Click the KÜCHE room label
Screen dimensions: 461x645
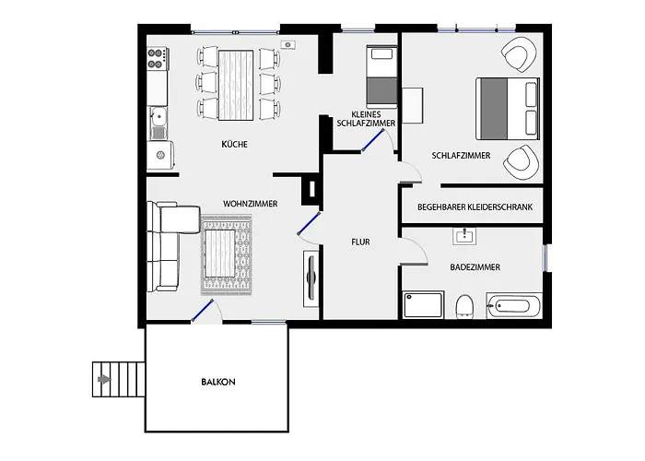click(234, 145)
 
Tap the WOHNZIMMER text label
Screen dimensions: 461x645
click(250, 203)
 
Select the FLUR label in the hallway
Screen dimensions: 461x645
click(360, 242)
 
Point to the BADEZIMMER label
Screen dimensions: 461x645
click(475, 266)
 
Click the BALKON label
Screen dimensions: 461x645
click(218, 381)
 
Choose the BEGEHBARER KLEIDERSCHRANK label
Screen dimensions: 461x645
click(475, 207)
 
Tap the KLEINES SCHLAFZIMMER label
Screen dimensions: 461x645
click(368, 115)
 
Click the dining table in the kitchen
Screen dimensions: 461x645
click(237, 83)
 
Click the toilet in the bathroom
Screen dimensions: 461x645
click(464, 305)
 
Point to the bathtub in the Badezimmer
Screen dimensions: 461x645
click(514, 305)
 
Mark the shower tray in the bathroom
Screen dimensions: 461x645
click(423, 305)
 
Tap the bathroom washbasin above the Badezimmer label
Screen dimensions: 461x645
click(464, 236)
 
